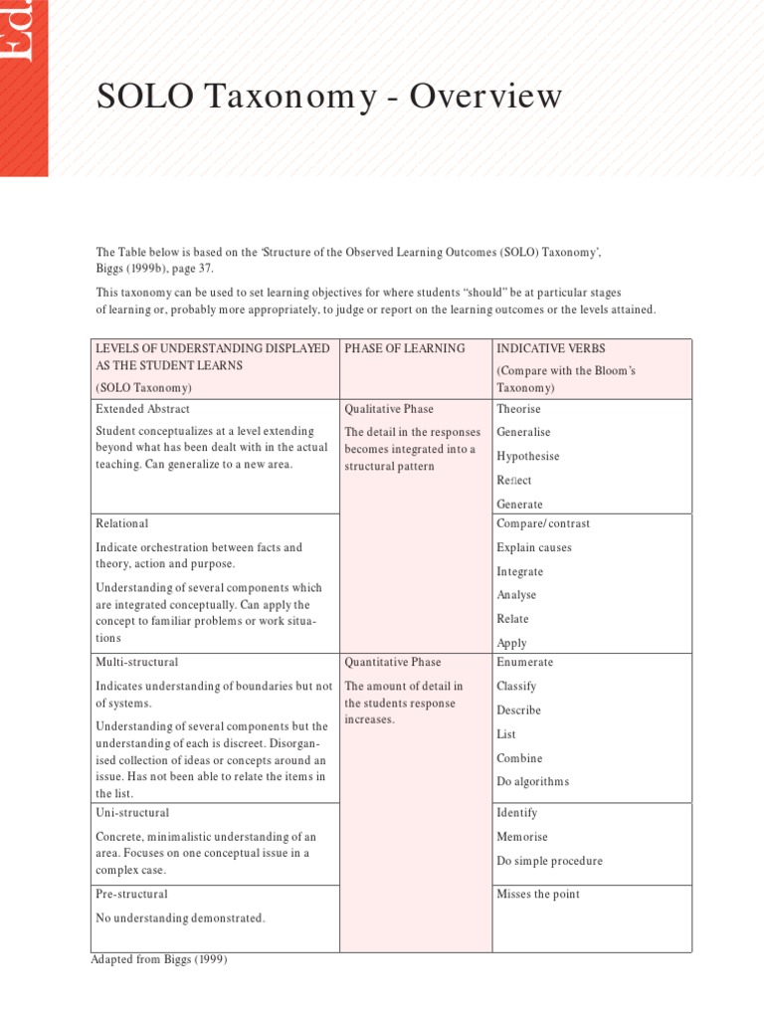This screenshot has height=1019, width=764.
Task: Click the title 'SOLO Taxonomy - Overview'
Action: (328, 98)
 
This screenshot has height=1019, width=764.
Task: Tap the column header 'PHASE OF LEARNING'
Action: (404, 348)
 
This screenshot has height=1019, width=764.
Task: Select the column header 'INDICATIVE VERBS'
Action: (550, 348)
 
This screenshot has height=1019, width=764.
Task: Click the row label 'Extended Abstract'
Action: (142, 409)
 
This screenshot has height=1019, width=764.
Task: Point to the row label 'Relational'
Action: (121, 523)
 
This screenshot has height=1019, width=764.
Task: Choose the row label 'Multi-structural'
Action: (137, 662)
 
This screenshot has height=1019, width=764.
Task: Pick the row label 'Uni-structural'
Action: (132, 813)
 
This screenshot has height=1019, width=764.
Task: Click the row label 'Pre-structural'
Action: (131, 894)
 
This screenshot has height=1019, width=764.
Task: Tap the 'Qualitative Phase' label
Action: (389, 409)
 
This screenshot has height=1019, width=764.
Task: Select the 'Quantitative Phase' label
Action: (392, 662)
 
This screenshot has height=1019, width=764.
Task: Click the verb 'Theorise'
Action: (518, 409)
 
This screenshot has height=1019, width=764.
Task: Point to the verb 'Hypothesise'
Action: (527, 457)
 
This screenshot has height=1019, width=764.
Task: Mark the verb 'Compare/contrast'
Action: (543, 523)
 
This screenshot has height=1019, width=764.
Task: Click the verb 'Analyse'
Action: (516, 595)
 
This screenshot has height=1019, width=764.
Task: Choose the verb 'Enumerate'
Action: (524, 662)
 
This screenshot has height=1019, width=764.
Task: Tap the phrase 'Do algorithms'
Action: (532, 782)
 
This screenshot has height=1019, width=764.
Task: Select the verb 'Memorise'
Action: (521, 837)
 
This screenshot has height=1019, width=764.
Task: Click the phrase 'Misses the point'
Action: (537, 894)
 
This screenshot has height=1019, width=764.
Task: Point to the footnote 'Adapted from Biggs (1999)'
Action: (159, 959)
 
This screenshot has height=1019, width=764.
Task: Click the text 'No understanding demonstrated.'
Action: (180, 917)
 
